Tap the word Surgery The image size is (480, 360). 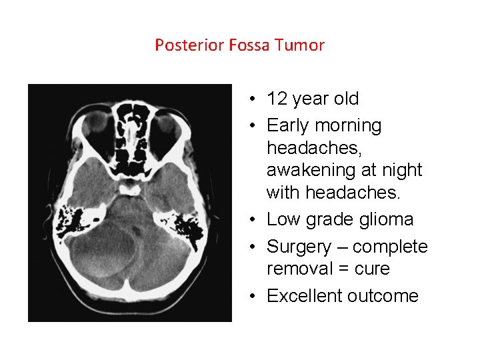(297, 247)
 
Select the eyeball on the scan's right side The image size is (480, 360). (169, 123)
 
